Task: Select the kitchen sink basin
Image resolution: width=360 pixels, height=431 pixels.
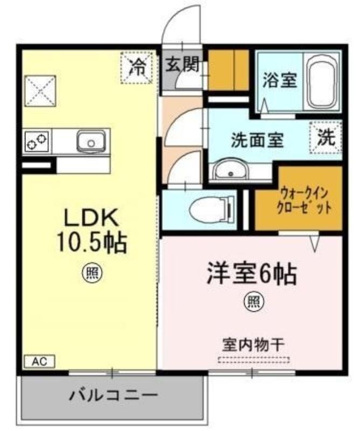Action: (91, 141)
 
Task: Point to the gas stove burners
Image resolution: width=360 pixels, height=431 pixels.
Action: (37, 141)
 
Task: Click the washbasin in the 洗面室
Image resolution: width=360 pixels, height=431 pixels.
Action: (231, 169)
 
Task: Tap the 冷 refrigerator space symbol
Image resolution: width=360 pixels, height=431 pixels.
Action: (136, 67)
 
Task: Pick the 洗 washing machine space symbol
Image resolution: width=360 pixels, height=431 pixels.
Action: (326, 137)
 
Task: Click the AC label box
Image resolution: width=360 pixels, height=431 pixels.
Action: (40, 361)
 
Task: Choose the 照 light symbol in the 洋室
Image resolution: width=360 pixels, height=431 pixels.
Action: (254, 302)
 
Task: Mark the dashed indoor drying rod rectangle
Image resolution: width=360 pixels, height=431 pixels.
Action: (254, 359)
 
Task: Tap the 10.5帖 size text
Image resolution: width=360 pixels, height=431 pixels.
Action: (92, 243)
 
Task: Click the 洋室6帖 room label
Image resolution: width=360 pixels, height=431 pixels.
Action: (251, 274)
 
